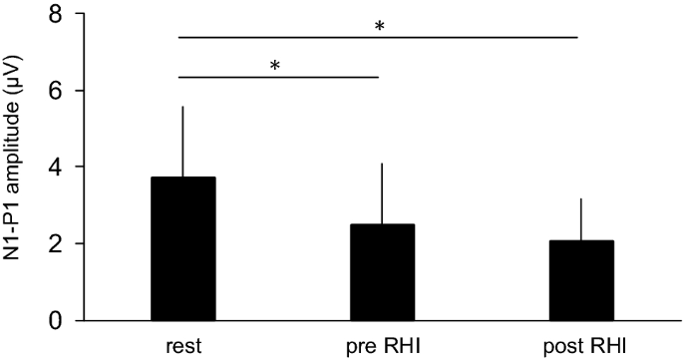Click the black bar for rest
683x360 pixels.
click(x=182, y=249)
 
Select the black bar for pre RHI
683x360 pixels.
click(x=380, y=272)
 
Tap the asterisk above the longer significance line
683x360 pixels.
click(x=380, y=26)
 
